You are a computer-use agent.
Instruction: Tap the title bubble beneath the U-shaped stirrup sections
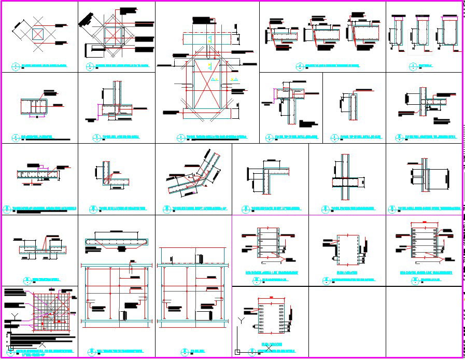tap(413, 66)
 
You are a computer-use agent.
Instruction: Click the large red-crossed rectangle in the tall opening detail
tap(207, 84)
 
